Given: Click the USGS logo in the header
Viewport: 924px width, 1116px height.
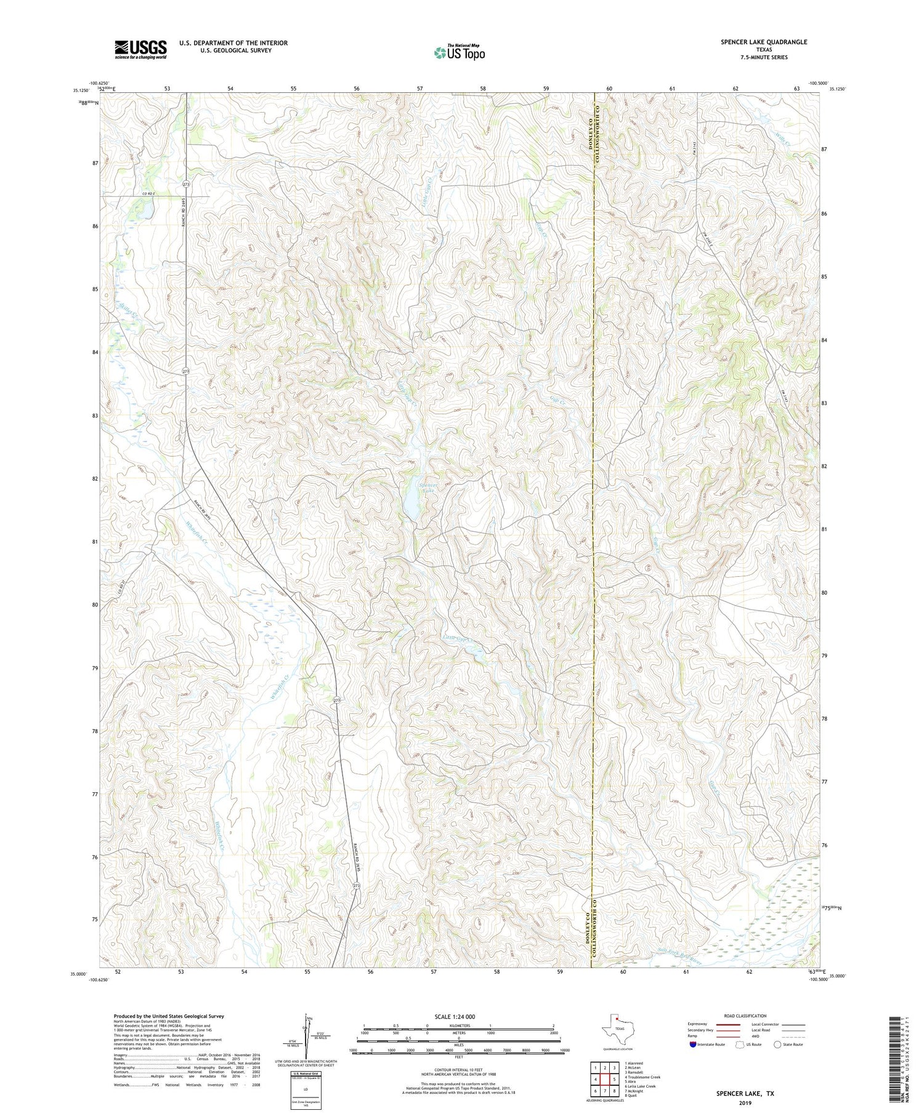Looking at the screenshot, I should pyautogui.click(x=140, y=49).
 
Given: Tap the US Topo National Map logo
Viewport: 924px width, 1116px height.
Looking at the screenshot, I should pyautogui.click(x=459, y=52).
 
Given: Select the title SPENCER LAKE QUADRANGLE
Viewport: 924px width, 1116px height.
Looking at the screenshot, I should pyautogui.click(x=764, y=42).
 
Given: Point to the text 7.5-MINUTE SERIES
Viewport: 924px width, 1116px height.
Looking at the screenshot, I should pyautogui.click(x=764, y=57).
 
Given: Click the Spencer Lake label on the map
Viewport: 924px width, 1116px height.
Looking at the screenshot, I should pyautogui.click(x=428, y=488).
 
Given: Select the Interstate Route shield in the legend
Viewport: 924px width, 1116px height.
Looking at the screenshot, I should pyautogui.click(x=694, y=1045).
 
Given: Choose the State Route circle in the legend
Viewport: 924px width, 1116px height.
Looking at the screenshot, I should pyautogui.click(x=778, y=1045).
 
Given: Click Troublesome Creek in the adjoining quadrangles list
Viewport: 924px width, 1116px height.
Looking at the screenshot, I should pyautogui.click(x=642, y=1077).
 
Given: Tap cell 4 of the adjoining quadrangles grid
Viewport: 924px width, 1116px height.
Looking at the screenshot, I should pyautogui.click(x=595, y=1079).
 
